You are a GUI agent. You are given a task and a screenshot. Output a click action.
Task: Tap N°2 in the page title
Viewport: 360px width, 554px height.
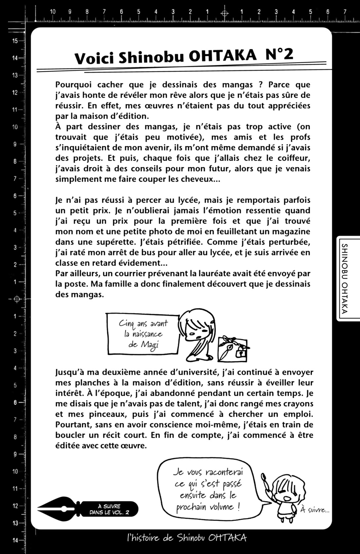(x=279, y=54)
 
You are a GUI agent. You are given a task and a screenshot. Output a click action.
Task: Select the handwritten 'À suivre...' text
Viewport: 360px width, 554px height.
(x=315, y=510)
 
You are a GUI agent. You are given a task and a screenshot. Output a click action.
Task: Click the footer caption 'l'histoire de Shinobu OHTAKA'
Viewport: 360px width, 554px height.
(x=187, y=538)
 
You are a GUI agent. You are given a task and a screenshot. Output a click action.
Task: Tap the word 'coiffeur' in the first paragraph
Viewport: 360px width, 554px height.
(x=294, y=158)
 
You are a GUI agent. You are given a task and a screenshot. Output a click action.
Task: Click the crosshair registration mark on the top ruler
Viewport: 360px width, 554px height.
(x=225, y=14)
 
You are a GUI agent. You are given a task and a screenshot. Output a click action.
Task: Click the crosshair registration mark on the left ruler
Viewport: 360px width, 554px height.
(x=18, y=299)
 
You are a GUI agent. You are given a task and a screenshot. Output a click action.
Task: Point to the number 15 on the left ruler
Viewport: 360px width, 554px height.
(x=15, y=41)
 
